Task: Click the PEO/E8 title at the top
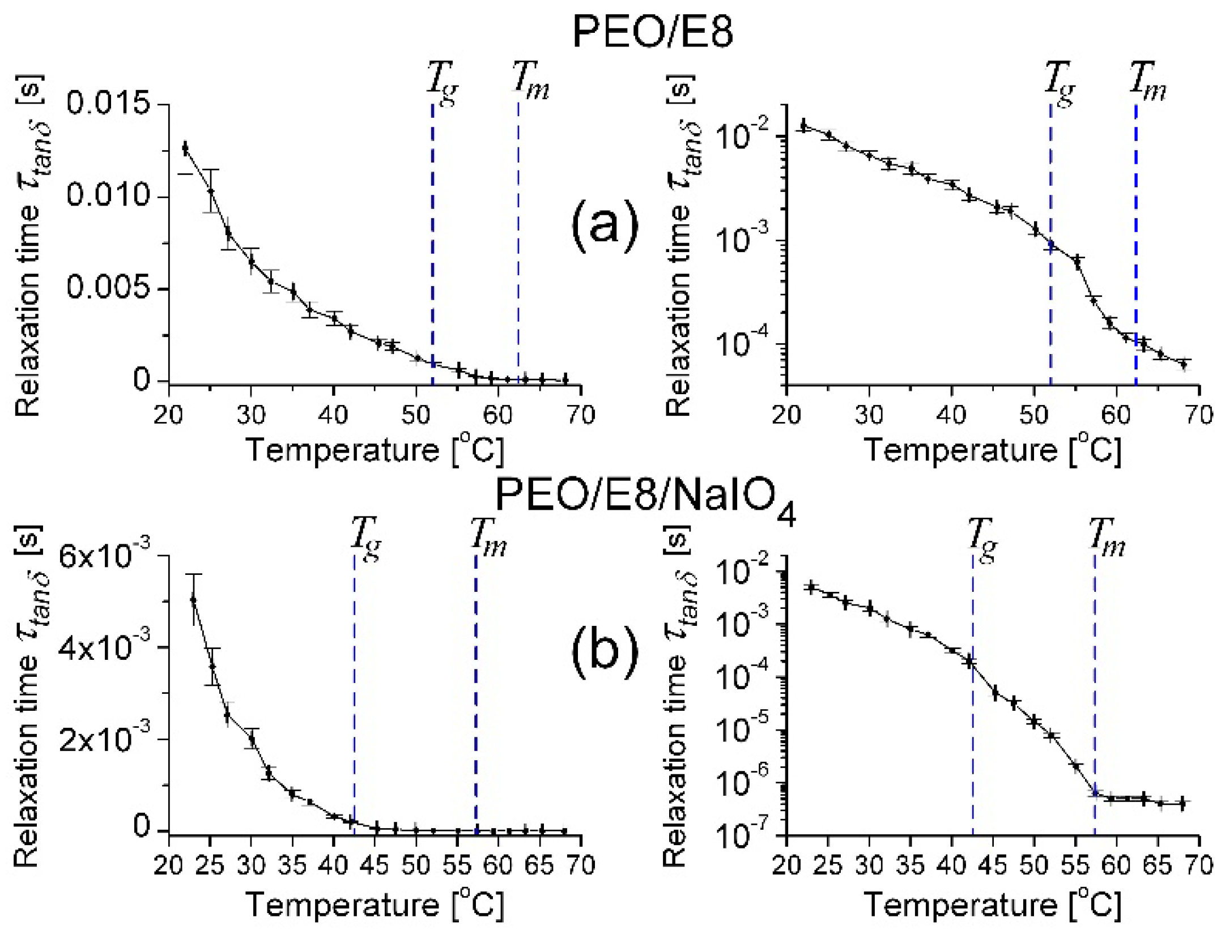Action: point(653,32)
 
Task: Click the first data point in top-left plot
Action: point(185,148)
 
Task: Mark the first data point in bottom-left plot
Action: point(193,599)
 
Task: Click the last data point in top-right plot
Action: point(1183,364)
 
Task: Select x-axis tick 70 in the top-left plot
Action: point(581,415)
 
